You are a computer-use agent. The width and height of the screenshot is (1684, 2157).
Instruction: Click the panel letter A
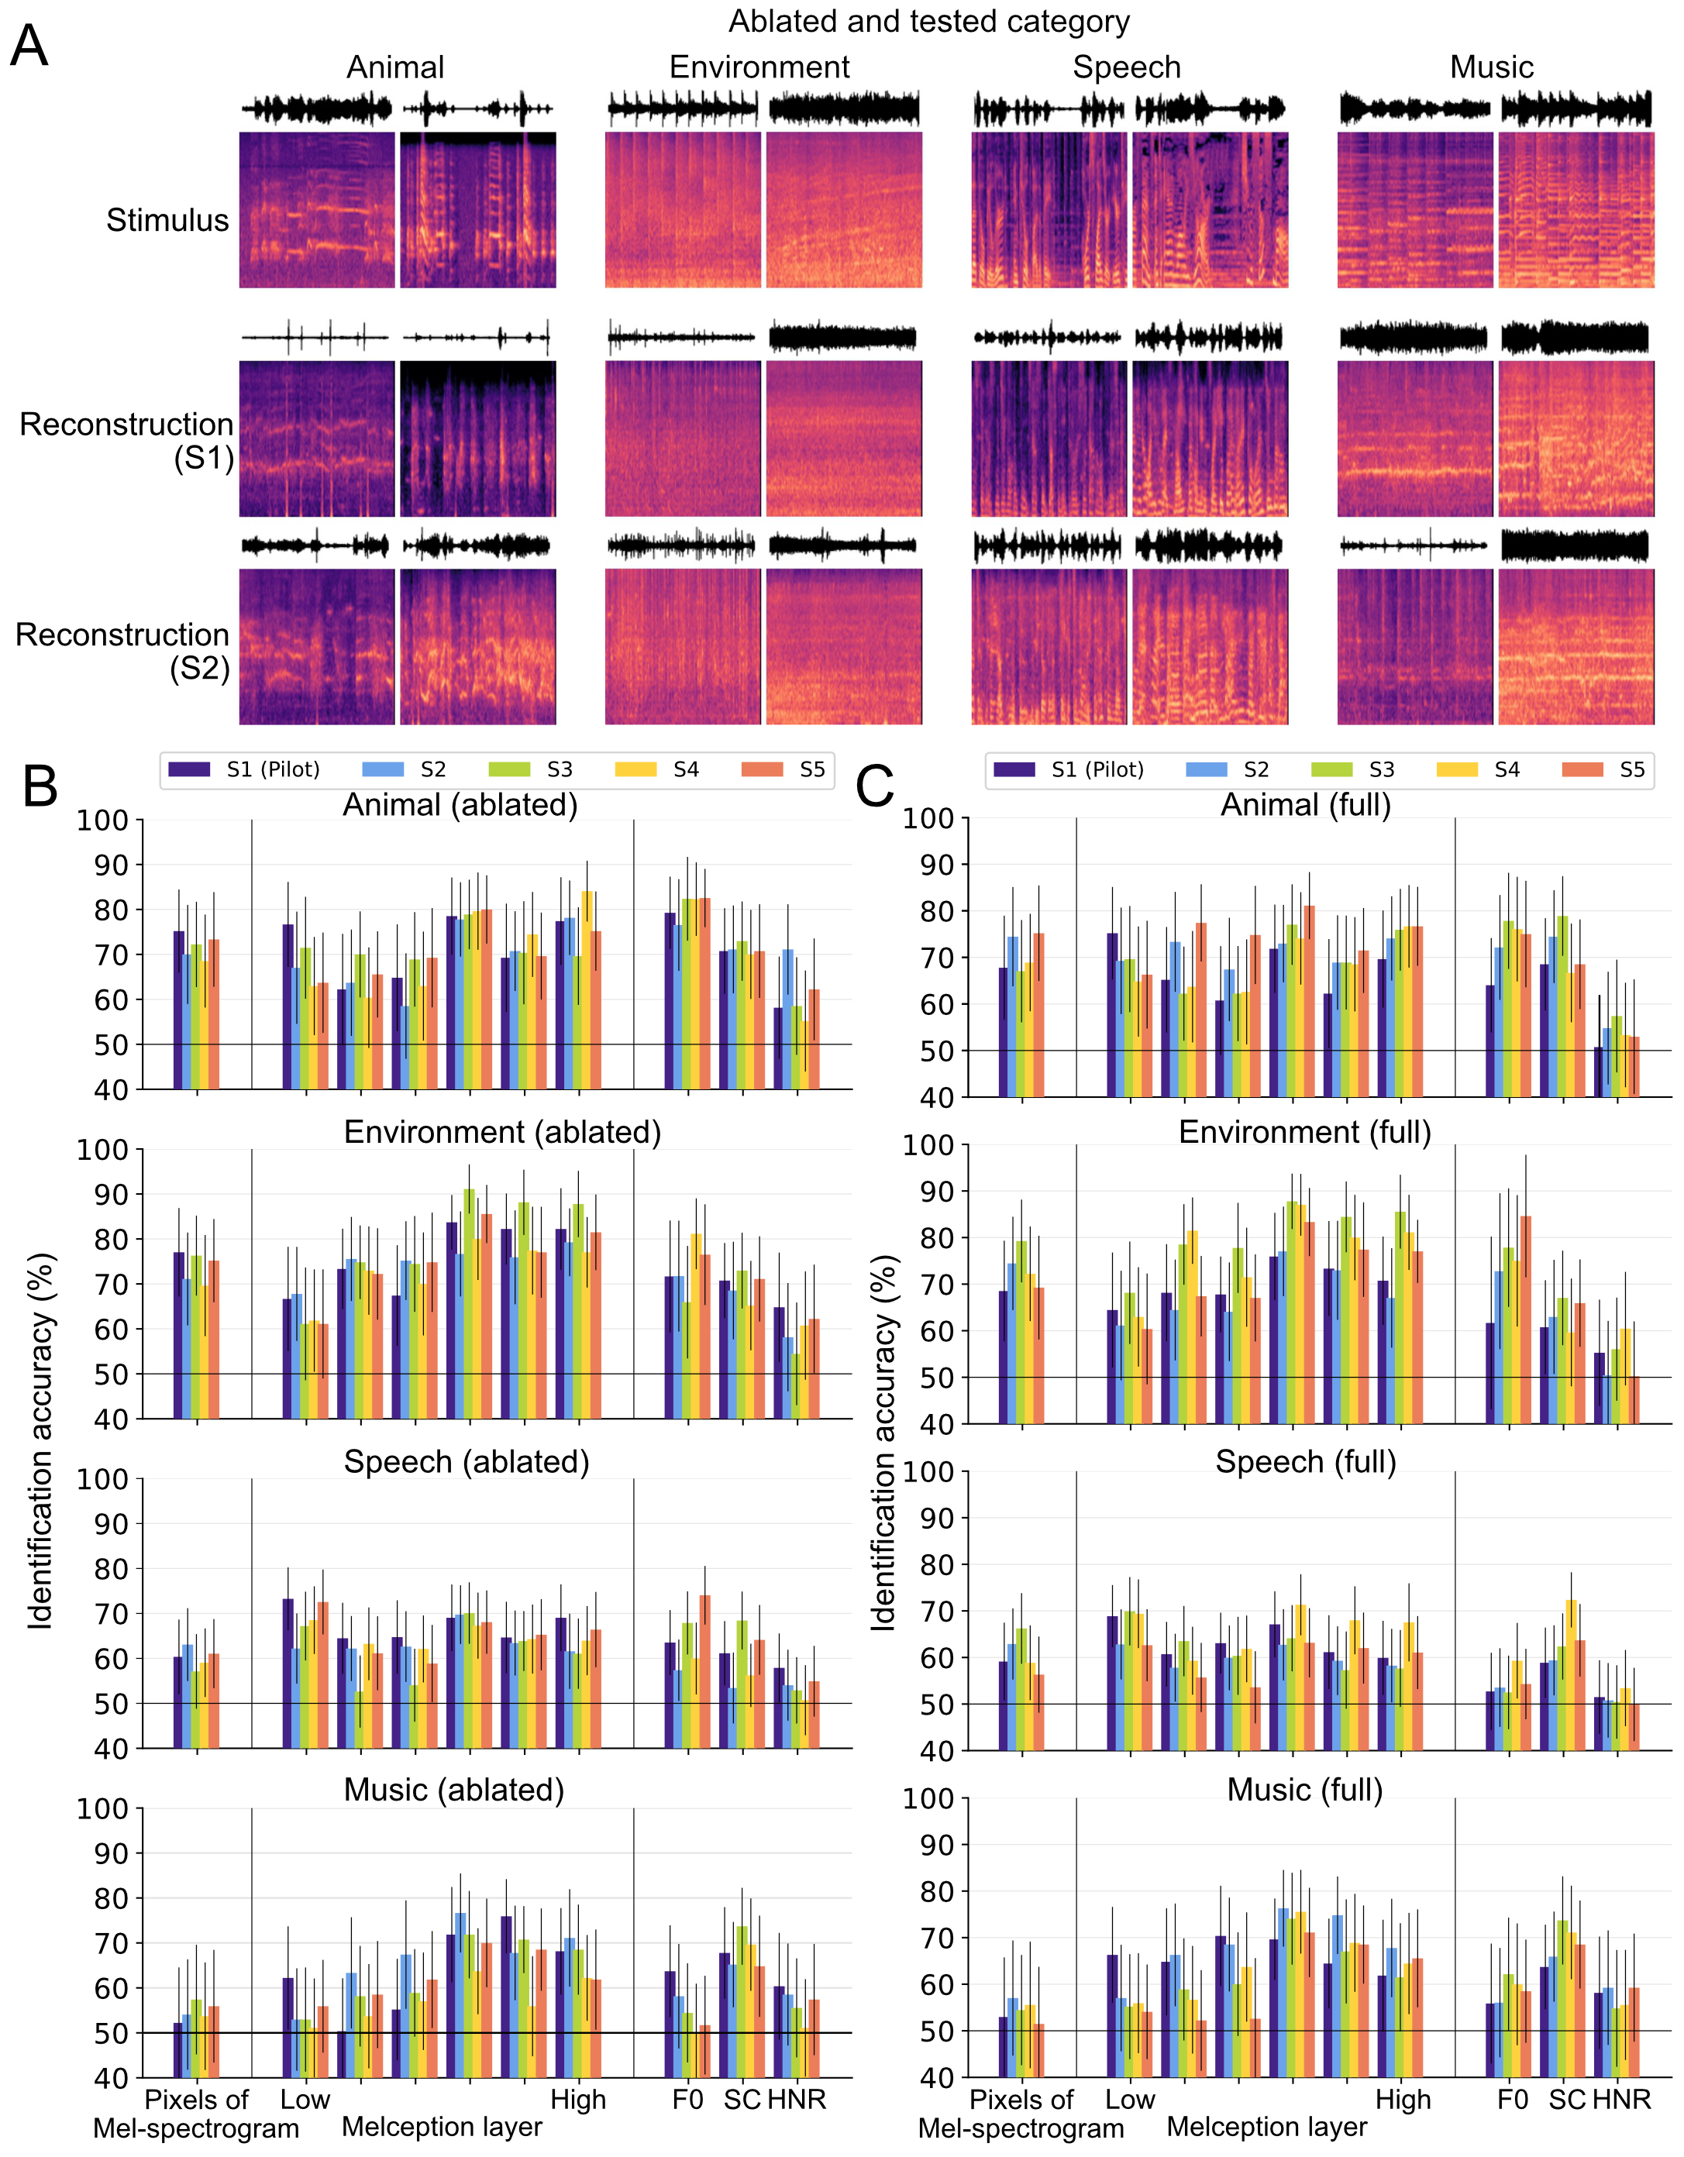[x=29, y=46]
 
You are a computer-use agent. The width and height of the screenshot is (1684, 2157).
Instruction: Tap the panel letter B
[x=40, y=787]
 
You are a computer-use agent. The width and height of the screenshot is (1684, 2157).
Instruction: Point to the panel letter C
[x=874, y=787]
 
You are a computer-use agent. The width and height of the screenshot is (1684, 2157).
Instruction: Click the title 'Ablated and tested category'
[x=928, y=21]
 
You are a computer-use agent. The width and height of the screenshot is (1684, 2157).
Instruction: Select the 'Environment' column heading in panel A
[x=759, y=67]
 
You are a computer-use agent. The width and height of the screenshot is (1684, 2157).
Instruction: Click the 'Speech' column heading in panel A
[x=1126, y=67]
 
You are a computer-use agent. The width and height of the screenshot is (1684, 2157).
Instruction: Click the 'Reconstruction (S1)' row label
[x=126, y=441]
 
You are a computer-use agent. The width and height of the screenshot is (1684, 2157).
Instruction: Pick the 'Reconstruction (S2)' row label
[x=122, y=651]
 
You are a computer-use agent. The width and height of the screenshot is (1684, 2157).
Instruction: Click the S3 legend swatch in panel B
[x=510, y=769]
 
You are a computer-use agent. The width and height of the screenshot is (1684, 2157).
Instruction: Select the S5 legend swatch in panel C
[x=1582, y=769]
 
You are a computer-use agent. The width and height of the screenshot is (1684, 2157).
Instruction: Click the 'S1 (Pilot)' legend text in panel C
[x=1097, y=769]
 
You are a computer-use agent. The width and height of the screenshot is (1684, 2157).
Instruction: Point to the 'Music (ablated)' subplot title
[x=453, y=1790]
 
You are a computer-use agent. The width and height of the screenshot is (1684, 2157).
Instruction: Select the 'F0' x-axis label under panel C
[x=1512, y=2099]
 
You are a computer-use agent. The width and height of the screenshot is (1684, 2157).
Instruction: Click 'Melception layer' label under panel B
[x=442, y=2126]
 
